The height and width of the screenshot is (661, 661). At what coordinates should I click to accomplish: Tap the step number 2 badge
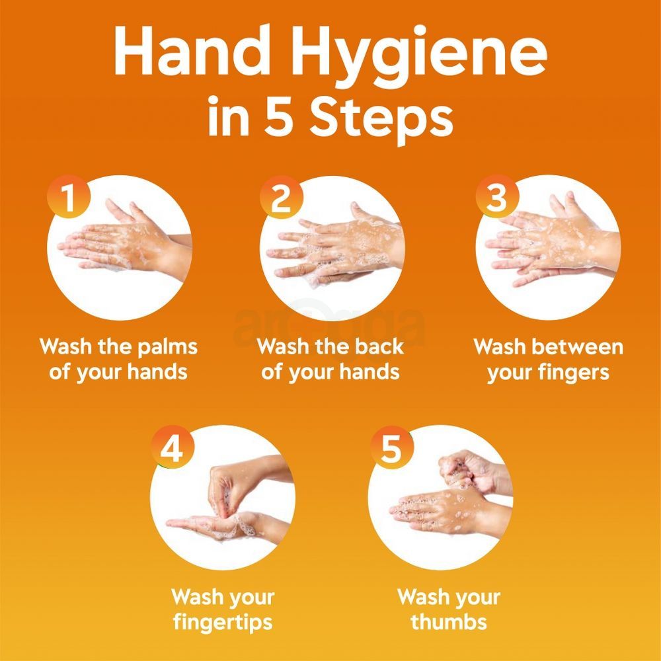[281, 198]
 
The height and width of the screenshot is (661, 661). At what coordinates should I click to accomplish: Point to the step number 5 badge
[391, 449]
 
